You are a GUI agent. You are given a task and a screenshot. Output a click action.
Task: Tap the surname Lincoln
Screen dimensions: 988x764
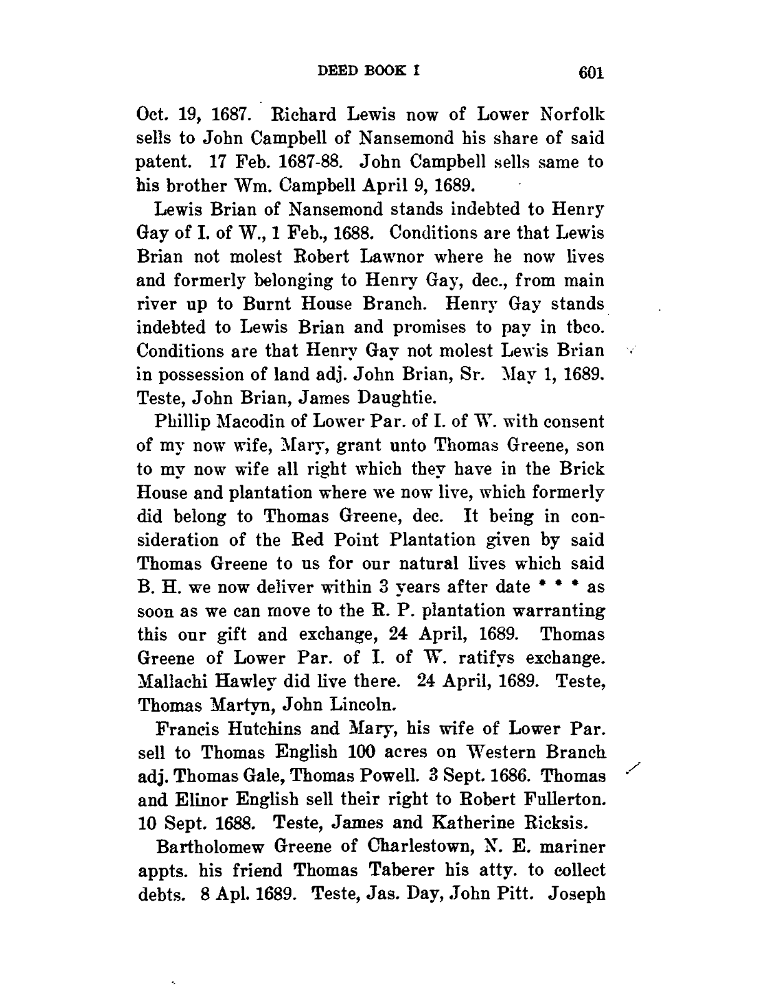tap(366, 705)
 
